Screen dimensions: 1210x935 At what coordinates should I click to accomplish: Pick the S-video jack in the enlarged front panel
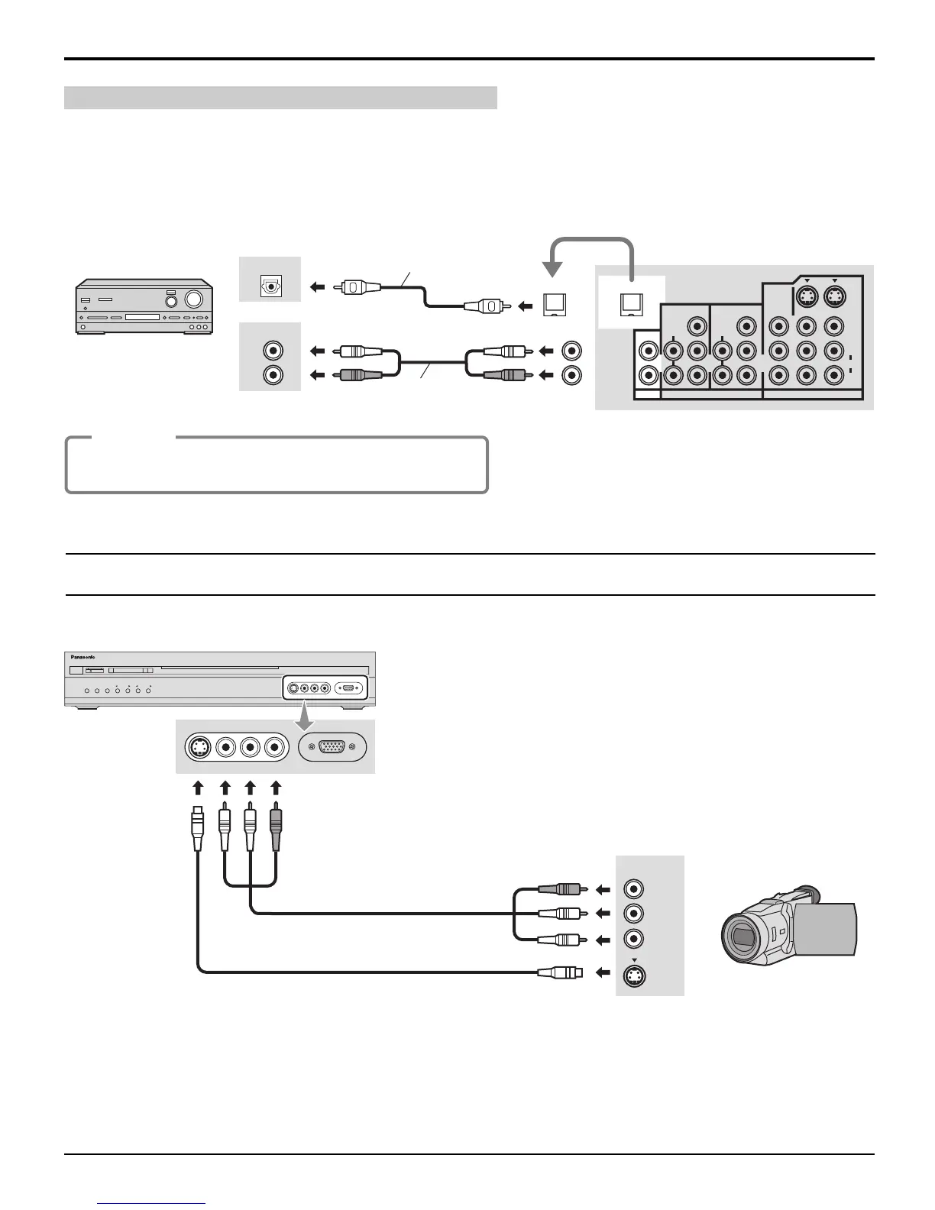199,747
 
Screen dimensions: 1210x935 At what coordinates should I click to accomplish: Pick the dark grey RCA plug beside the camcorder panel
564,888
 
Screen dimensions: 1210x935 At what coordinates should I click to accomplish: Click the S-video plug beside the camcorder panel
561,972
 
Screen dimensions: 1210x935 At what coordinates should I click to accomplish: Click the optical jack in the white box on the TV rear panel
631,304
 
